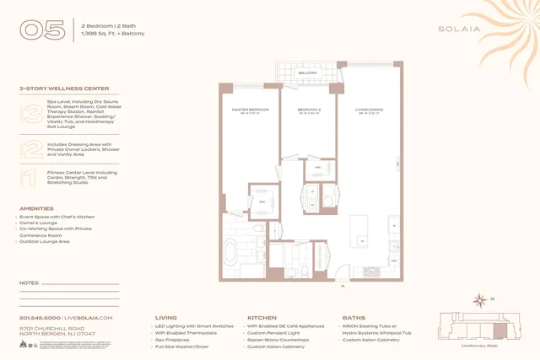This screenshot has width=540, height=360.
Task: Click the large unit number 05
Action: (42, 30)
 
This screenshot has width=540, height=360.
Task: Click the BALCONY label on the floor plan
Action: (307, 73)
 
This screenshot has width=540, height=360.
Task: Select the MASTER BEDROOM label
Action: (250, 110)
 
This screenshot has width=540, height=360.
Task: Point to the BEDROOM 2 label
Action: (309, 110)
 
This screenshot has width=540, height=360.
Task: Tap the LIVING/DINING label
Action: (370, 110)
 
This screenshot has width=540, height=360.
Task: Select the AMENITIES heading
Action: (36, 208)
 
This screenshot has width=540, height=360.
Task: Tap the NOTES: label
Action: (30, 282)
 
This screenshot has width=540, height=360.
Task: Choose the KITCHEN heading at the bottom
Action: (262, 318)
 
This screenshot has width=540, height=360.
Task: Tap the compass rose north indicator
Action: (481, 298)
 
